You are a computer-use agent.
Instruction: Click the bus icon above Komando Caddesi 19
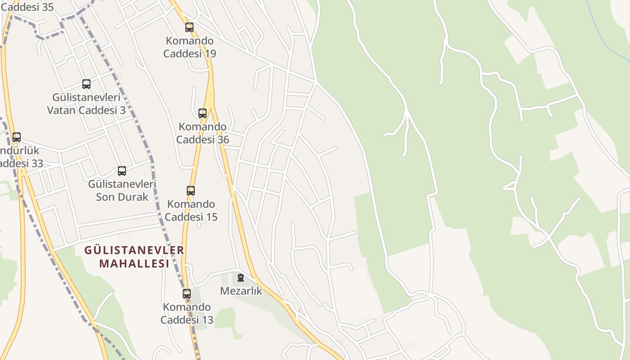tap(189, 27)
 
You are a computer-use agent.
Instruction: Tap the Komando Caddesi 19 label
tap(189, 47)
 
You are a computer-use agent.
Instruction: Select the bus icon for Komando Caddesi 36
tap(202, 113)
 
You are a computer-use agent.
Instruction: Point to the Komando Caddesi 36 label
tap(202, 133)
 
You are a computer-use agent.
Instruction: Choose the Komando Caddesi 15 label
tap(191, 211)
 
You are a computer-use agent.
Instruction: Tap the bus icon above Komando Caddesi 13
tap(187, 294)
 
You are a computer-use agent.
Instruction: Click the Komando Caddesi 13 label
tap(187, 314)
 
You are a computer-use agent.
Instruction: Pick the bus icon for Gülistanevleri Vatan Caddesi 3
tap(86, 84)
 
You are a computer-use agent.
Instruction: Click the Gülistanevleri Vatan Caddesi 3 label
tap(86, 104)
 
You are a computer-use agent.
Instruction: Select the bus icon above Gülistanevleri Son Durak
tap(122, 171)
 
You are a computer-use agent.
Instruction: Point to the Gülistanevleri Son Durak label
tap(122, 190)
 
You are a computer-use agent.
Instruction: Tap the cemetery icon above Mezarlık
tap(241, 278)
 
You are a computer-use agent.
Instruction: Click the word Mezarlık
tap(241, 291)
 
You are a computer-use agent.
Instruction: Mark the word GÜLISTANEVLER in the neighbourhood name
tap(134, 250)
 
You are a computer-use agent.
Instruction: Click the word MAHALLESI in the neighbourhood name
tap(134, 264)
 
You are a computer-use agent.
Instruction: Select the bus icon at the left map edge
tap(17, 137)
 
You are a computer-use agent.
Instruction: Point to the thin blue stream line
tap(603, 31)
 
